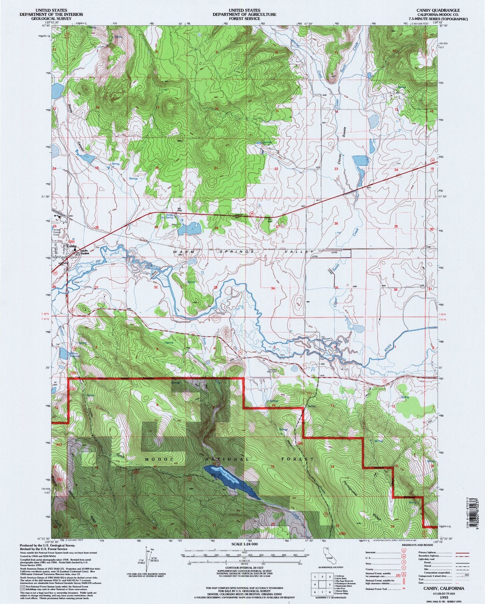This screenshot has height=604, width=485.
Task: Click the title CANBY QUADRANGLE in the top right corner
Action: pyautogui.click(x=430, y=10)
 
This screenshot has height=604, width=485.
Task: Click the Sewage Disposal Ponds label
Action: pyautogui.click(x=57, y=234)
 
